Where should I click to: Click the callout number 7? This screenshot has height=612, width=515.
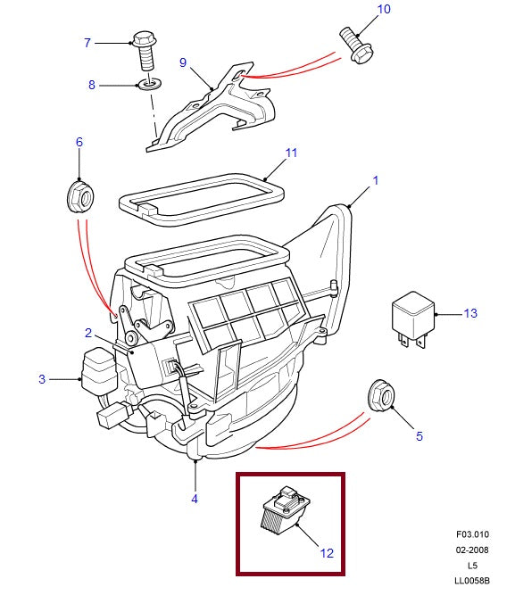[x=87, y=43]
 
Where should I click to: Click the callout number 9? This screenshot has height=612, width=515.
[x=183, y=62]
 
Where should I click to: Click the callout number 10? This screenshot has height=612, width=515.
[x=384, y=10]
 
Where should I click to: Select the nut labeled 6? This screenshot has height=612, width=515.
[x=79, y=195]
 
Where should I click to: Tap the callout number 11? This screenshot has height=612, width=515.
[x=290, y=153]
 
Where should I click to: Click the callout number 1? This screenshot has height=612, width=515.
[x=376, y=180]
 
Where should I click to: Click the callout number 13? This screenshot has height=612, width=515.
[x=471, y=313]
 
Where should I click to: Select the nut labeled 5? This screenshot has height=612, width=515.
[x=382, y=397]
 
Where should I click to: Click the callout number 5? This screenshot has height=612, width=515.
[x=419, y=436]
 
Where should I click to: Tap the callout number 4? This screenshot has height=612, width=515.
[x=195, y=499]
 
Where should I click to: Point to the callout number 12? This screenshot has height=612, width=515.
[x=327, y=553]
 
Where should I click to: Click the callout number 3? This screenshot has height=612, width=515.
[x=41, y=380]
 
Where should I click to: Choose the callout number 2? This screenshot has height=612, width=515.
[x=88, y=333]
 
